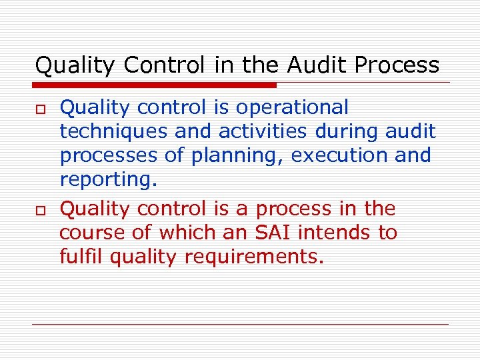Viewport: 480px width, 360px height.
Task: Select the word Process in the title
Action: coord(397,65)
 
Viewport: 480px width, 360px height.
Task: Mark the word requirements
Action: coord(253,257)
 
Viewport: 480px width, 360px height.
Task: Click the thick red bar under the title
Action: coord(155,85)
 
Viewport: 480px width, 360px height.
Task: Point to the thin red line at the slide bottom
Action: coord(240,325)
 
